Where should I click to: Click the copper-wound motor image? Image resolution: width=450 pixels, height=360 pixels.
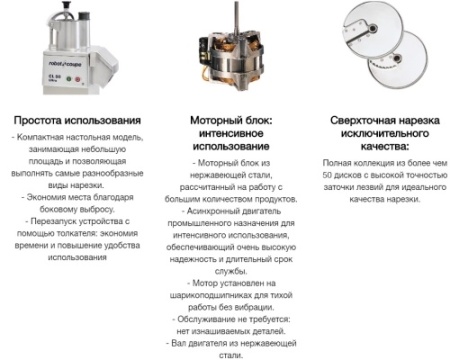[228, 59]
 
